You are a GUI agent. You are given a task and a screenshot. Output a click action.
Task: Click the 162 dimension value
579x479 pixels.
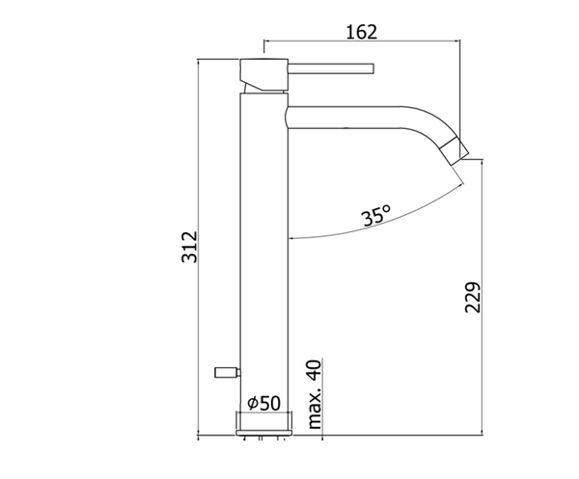[x=360, y=31]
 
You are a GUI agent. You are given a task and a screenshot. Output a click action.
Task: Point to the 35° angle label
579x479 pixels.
[x=377, y=217]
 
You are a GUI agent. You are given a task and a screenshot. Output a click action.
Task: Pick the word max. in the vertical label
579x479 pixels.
[x=315, y=409]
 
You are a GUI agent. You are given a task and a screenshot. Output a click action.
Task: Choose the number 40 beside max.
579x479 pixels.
[x=315, y=368]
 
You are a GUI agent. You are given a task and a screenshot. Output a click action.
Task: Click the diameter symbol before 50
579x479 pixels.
[x=251, y=401]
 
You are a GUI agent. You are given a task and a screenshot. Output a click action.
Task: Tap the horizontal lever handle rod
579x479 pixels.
[x=328, y=67]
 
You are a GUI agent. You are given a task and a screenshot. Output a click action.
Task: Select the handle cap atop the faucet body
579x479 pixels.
[x=262, y=71]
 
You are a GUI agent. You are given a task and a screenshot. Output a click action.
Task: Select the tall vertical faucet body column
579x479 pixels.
[x=262, y=251]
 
